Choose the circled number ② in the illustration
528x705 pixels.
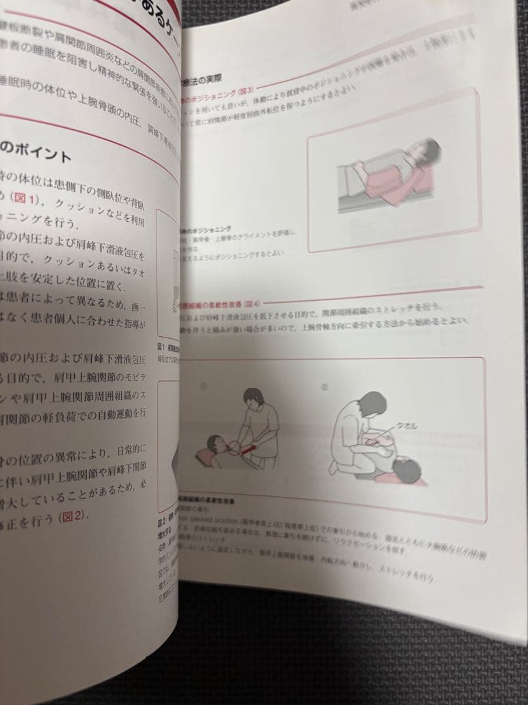(324, 385)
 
